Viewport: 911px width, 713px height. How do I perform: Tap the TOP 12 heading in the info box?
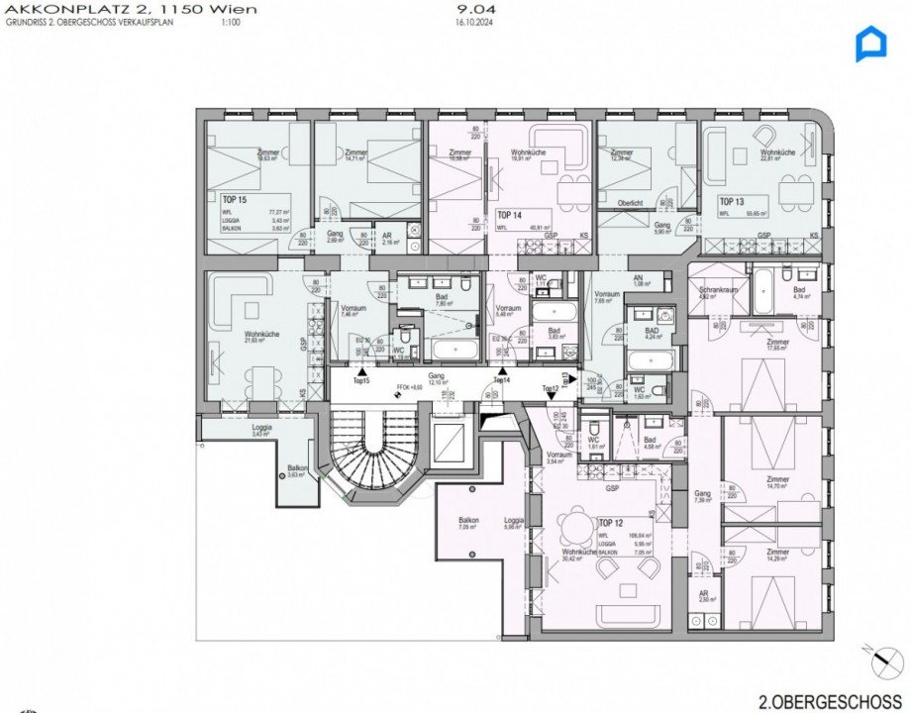tap(612, 521)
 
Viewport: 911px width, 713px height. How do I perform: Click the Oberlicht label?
tap(632, 203)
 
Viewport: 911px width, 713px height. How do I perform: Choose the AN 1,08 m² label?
tap(639, 280)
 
